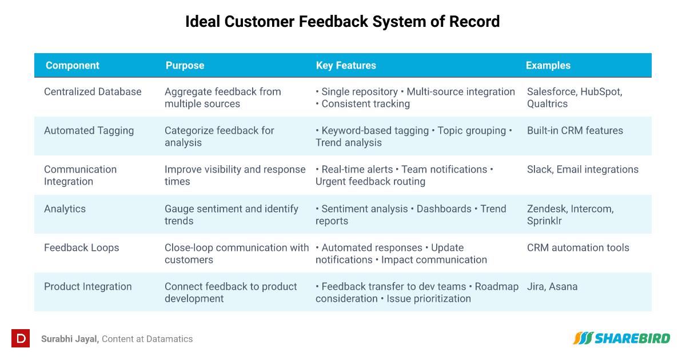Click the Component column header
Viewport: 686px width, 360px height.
pos(72,66)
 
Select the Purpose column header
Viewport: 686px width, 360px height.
pos(185,66)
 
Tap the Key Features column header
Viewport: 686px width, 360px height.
pos(346,66)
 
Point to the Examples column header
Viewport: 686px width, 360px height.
pos(548,66)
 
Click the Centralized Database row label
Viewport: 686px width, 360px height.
pos(93,92)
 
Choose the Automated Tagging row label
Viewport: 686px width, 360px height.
pos(89,131)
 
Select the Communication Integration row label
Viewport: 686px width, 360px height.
pos(80,175)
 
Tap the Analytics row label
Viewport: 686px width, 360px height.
pos(65,209)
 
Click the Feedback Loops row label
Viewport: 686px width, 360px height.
pos(81,247)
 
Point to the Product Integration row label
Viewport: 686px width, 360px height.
pos(87,286)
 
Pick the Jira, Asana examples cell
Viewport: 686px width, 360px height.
pos(552,286)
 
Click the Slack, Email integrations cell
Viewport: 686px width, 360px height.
pos(583,170)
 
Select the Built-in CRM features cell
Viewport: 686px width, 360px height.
pos(575,131)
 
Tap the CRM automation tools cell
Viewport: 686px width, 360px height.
pos(578,247)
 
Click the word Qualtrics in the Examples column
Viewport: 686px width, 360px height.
pos(547,104)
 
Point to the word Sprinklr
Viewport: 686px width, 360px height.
pos(544,221)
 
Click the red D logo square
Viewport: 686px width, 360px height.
pos(21,338)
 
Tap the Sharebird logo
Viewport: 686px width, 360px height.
pos(621,338)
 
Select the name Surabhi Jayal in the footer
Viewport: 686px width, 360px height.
pos(70,339)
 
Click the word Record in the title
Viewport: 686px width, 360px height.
pos(474,22)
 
